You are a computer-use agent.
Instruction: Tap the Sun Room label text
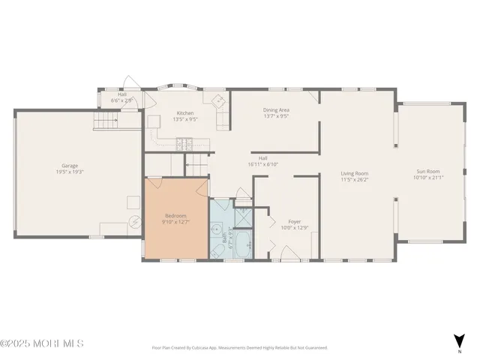(x=428, y=173)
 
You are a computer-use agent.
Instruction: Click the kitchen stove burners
(x=184, y=142)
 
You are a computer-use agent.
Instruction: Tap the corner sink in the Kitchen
(x=218, y=102)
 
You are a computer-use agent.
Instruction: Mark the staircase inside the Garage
(x=106, y=120)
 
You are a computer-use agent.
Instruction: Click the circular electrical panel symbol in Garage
(x=135, y=221)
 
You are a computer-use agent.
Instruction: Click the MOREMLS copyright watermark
(x=42, y=343)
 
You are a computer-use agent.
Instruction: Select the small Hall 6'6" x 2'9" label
(x=121, y=97)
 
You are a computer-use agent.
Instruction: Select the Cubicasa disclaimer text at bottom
(x=239, y=348)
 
